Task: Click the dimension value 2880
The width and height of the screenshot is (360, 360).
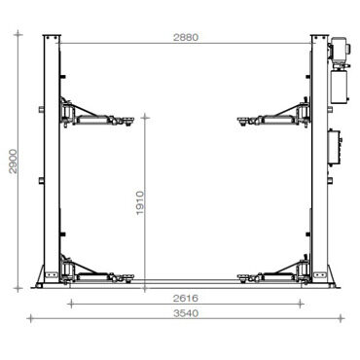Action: [x=186, y=37]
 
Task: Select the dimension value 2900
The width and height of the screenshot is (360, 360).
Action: [x=14, y=162]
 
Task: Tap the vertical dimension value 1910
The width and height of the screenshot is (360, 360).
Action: [x=140, y=203]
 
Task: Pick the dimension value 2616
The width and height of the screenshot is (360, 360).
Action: [x=186, y=298]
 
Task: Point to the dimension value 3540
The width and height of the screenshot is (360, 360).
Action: [x=186, y=313]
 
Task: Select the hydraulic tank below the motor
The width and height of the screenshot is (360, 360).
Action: [x=340, y=87]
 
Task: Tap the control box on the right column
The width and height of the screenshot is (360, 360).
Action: [x=335, y=148]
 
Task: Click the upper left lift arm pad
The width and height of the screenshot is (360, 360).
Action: [x=129, y=121]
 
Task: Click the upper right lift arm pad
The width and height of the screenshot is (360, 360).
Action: [x=244, y=121]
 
